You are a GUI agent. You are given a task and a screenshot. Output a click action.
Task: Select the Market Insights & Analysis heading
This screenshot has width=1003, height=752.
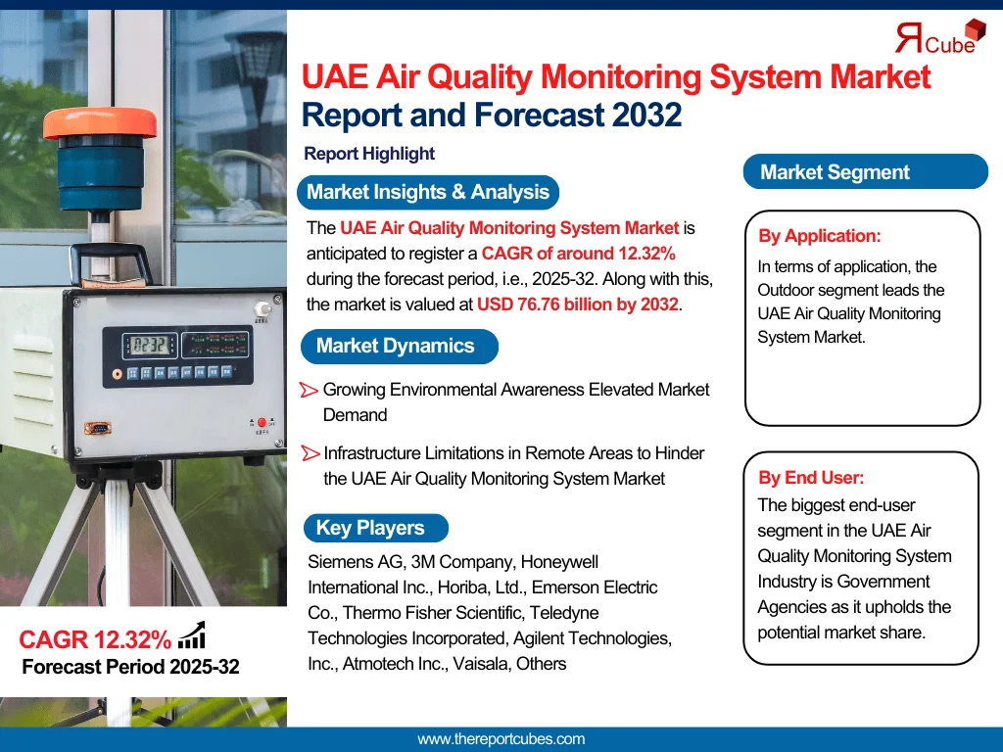click(428, 192)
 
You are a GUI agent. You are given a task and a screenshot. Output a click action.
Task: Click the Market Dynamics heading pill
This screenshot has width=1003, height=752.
click(397, 346)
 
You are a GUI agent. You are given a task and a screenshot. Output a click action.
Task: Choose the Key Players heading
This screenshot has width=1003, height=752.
click(371, 528)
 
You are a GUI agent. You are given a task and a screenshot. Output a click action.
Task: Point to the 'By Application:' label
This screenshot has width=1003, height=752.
click(820, 236)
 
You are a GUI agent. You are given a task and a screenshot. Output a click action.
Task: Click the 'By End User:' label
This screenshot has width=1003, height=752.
click(811, 478)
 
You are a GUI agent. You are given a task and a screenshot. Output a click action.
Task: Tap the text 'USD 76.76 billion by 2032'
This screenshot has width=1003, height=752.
click(577, 305)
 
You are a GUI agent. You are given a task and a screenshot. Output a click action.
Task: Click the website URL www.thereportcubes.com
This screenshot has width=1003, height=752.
click(501, 739)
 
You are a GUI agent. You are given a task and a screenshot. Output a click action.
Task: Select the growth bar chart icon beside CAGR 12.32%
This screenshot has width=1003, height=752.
click(192, 636)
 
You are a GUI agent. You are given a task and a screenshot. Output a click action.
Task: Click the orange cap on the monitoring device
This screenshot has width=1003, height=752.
click(99, 122)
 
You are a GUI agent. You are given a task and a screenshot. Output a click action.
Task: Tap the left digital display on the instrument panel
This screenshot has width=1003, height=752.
click(149, 345)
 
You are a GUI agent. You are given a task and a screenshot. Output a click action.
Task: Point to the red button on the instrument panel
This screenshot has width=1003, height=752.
click(262, 422)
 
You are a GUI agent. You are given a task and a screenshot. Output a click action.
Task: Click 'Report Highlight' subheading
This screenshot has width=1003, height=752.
click(369, 154)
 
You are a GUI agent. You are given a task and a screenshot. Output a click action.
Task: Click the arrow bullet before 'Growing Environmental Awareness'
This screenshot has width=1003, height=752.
click(309, 390)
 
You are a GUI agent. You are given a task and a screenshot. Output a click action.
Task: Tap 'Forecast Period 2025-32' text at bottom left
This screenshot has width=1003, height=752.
click(130, 668)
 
